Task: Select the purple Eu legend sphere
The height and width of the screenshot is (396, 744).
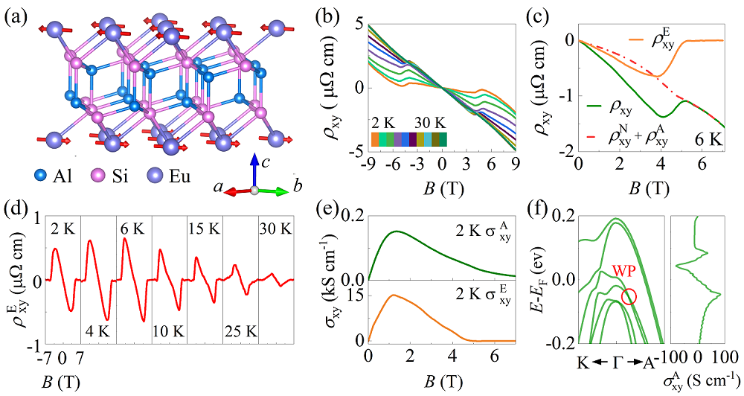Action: pyautogui.click(x=165, y=176)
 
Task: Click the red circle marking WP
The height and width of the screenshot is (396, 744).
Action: pyautogui.click(x=629, y=296)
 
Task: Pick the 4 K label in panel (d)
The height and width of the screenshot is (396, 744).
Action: pyautogui.click(x=98, y=329)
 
